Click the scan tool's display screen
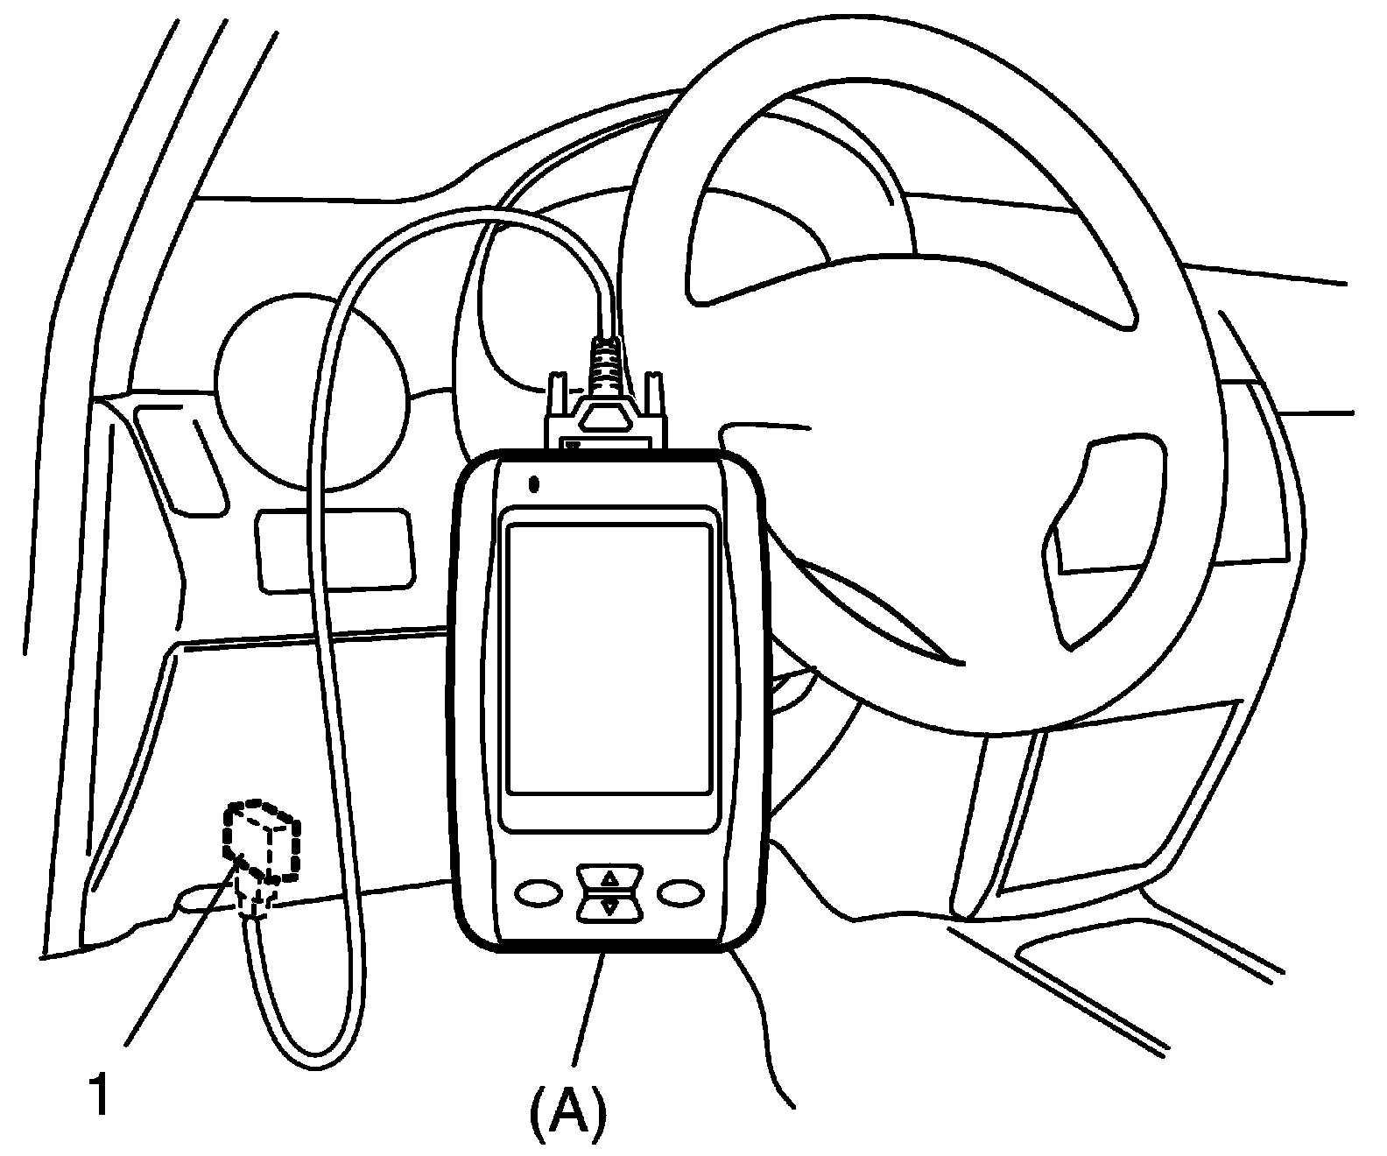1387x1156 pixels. (609, 659)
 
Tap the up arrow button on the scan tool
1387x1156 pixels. (609, 878)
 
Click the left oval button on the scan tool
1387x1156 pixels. (539, 892)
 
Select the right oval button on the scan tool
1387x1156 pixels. (681, 892)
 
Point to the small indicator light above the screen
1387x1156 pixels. (533, 483)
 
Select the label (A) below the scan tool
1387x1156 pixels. (567, 1111)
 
